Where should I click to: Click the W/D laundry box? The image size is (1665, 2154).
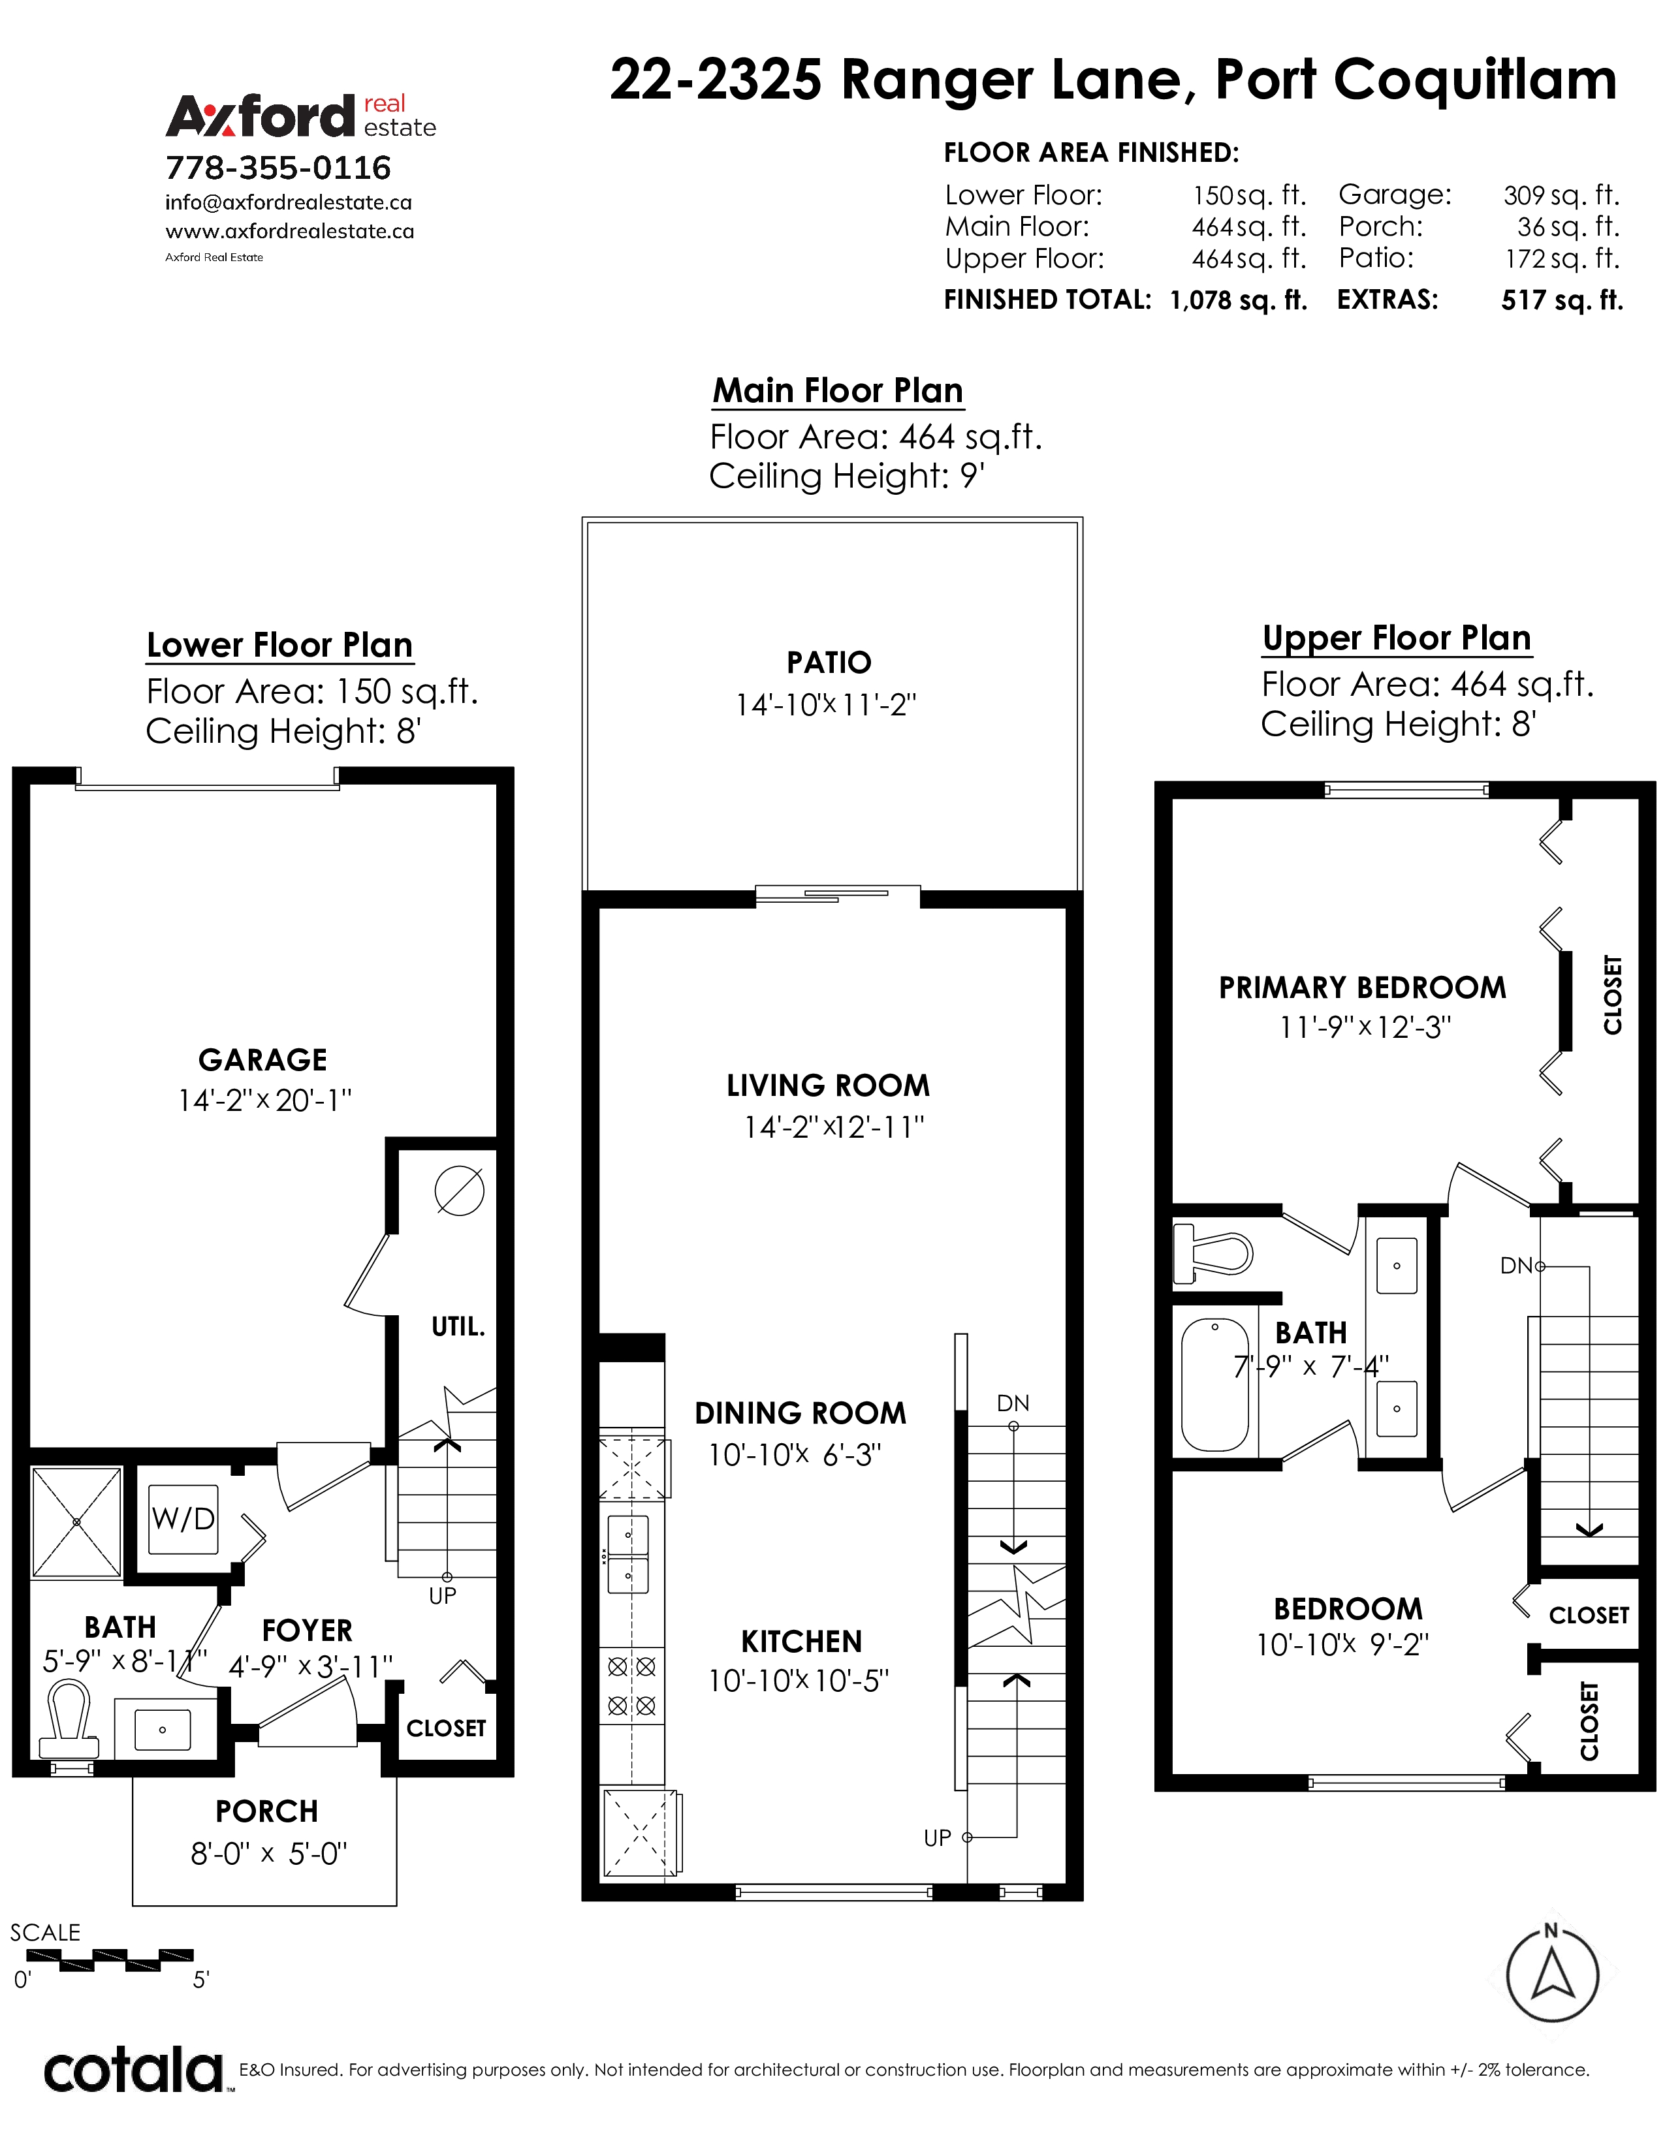(183, 1519)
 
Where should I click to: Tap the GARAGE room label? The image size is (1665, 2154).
(262, 1059)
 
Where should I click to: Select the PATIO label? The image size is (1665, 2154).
(829, 663)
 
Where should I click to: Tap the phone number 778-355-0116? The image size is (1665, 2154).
(278, 168)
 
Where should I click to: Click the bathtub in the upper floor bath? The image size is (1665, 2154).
(1214, 1384)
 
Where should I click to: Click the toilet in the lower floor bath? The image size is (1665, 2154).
(69, 1720)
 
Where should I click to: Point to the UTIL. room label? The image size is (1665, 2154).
(458, 1326)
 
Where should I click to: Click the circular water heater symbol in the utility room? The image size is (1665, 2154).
(460, 1191)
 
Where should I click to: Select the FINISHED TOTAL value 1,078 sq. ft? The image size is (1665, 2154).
(1238, 300)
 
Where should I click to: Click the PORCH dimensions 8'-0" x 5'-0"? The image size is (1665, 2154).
(268, 1854)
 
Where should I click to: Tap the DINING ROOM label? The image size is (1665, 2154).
(800, 1413)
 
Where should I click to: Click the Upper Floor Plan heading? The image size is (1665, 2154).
(1397, 638)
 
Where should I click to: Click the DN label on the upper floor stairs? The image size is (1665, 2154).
(1516, 1266)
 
